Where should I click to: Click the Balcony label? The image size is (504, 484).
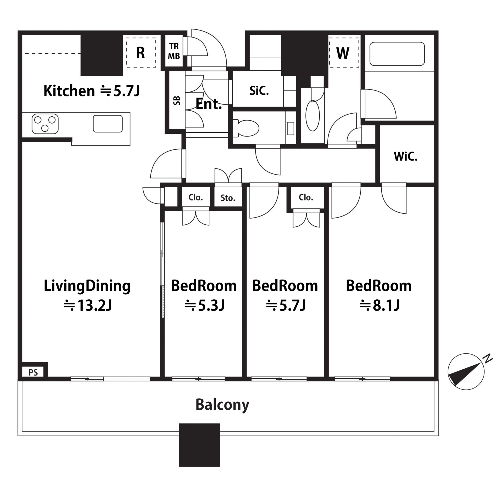(222, 405)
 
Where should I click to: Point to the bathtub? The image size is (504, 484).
(397, 54)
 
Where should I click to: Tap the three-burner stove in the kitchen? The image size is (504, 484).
(45, 124)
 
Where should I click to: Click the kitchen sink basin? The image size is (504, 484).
(108, 124)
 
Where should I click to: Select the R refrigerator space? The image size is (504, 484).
(141, 53)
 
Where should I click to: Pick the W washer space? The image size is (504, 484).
(344, 53)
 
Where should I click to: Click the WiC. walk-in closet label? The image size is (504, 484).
(405, 156)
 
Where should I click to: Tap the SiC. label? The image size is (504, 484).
(259, 91)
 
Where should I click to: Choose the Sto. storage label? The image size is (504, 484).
(228, 198)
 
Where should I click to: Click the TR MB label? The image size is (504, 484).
(174, 51)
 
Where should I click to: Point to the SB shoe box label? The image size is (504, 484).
(177, 101)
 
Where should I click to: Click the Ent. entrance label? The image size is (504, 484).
(209, 104)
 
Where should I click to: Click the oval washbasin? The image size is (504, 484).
(313, 116)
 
